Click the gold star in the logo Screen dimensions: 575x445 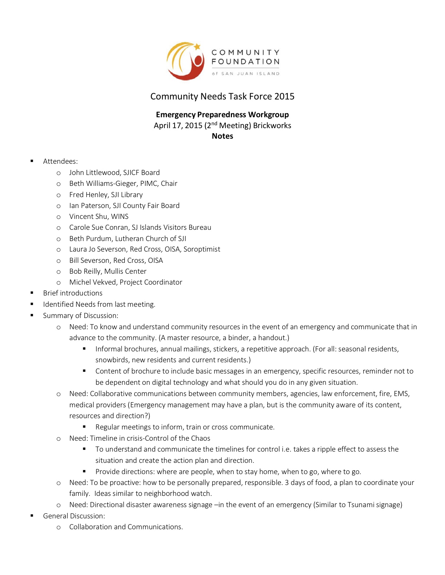point(197,46)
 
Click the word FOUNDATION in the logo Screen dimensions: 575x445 point(245,62)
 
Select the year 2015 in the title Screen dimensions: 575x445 point(284,97)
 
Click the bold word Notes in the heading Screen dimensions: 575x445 point(222,136)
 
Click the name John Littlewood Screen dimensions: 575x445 point(94,173)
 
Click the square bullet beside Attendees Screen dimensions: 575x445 point(32,161)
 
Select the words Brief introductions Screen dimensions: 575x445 point(73,293)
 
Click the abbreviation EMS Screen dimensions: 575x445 point(401,394)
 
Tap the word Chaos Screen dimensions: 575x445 point(201,439)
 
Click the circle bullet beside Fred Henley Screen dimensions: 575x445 point(59,195)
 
